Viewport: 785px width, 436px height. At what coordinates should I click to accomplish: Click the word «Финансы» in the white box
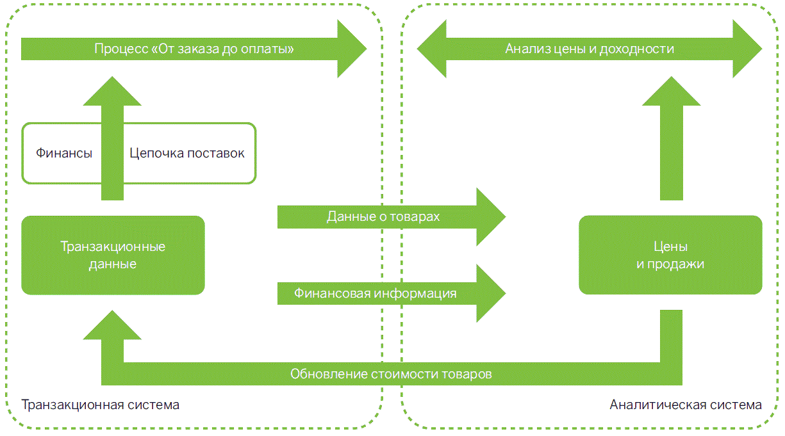coord(64,154)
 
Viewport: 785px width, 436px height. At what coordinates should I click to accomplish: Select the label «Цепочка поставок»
coord(186,154)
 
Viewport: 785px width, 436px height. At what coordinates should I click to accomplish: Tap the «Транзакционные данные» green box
coord(113,255)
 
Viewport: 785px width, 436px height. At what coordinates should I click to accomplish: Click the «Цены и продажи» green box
coord(670,255)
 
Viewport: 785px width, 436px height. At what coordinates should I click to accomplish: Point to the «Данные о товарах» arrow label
coord(383,217)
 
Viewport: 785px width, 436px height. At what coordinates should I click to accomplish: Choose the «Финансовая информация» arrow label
coord(376,294)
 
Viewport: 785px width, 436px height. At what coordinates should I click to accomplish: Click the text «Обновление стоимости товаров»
coord(391,374)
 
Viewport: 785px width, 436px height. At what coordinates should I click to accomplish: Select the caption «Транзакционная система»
coord(101,405)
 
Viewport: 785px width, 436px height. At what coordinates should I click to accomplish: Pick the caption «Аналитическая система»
coord(686,405)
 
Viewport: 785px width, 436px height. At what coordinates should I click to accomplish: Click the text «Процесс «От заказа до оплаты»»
coord(194,49)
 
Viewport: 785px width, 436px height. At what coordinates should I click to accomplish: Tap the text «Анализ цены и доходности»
coord(590,49)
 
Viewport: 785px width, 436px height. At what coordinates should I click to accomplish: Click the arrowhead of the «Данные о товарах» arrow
coord(491,217)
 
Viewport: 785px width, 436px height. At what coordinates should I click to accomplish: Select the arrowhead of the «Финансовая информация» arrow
coord(491,294)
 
